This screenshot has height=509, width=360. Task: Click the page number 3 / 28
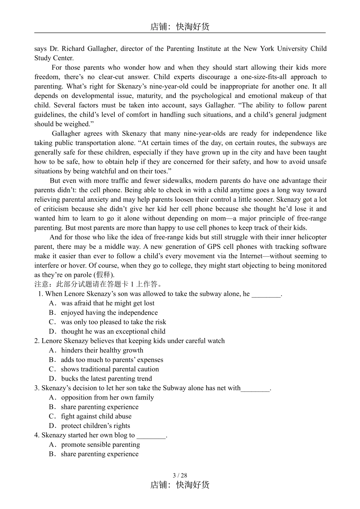tap(180, 475)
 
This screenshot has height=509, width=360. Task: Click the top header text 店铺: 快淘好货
tap(180, 27)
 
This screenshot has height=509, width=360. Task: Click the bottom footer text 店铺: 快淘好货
tap(180, 485)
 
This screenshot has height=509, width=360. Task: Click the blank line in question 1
tap(266, 295)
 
